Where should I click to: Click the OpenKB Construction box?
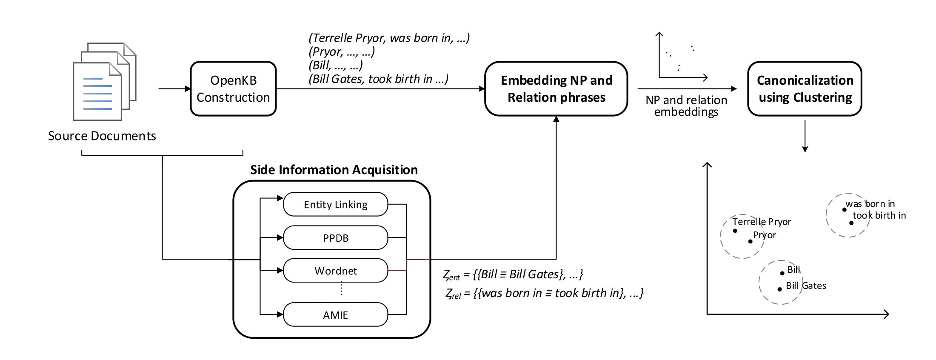tap(233, 89)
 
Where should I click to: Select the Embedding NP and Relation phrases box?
tap(556, 89)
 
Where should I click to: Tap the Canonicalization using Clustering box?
tap(805, 89)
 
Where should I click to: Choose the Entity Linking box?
tap(335, 205)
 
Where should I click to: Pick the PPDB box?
tap(335, 238)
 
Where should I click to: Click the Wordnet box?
tap(335, 271)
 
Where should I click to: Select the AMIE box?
tap(335, 315)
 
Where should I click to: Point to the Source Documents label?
tap(102, 136)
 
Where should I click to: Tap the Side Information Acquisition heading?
tap(334, 170)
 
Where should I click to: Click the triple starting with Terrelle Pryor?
tap(389, 38)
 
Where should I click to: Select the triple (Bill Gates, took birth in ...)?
tap(378, 79)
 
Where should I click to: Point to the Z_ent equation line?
tap(513, 274)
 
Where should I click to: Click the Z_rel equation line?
tap(544, 294)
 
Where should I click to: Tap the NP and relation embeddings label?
tap(686, 106)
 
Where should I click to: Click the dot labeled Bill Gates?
tap(779, 289)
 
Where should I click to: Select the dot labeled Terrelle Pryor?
tap(735, 231)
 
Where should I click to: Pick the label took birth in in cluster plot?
tap(879, 216)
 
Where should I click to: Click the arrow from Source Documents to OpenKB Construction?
tap(174, 89)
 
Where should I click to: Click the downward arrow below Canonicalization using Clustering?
tap(805, 136)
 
